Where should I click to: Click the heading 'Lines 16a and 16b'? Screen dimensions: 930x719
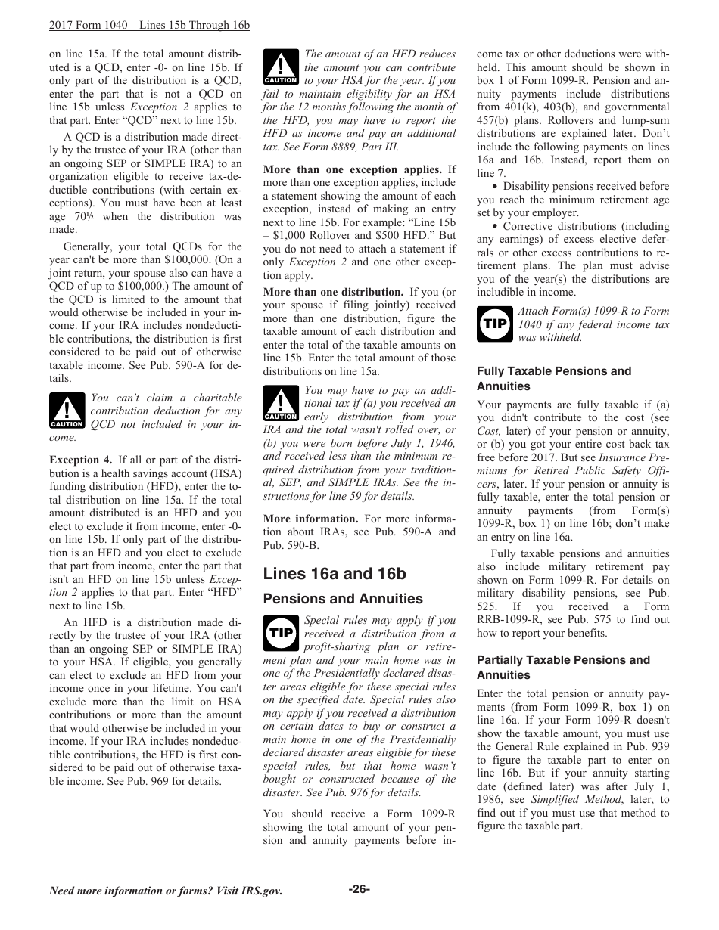click(x=335, y=574)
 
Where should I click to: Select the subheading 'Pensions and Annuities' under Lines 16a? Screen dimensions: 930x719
click(x=343, y=599)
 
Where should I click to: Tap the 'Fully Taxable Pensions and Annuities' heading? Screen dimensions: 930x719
click(x=553, y=379)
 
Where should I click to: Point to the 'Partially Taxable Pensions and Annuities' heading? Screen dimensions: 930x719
click(x=563, y=668)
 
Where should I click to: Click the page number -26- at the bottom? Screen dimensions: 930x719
click(x=359, y=889)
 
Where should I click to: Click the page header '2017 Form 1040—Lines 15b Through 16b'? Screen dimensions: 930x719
click(x=149, y=26)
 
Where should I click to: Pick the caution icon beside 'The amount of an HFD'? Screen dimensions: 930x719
click(x=280, y=67)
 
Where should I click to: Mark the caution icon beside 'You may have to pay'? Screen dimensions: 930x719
click(x=280, y=404)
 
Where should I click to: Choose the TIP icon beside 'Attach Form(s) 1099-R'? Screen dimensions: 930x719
click(x=494, y=324)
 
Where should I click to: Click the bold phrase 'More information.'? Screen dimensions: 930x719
click(x=310, y=519)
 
